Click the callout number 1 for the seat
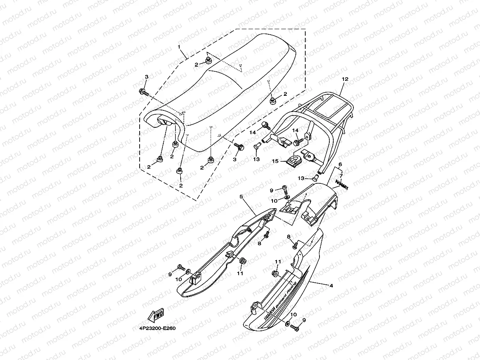(179, 47)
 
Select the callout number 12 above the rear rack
(345, 79)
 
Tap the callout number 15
(275, 161)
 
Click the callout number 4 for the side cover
(331, 285)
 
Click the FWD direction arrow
(155, 315)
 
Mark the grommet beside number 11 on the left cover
(242, 261)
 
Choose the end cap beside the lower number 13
(316, 178)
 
